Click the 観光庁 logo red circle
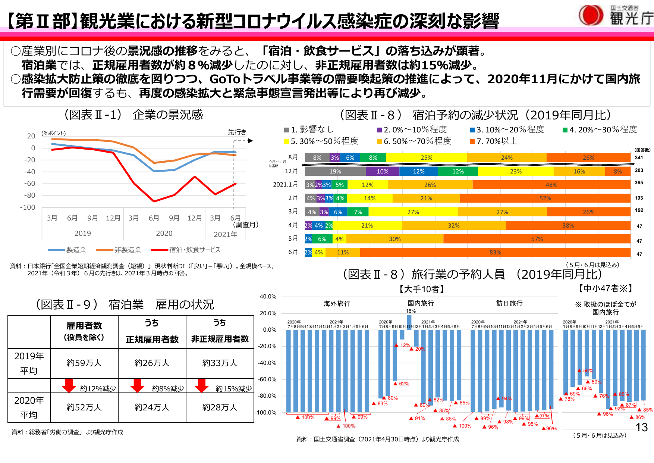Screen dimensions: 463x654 coord(591,15)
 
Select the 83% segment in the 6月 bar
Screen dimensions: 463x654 coord(495,253)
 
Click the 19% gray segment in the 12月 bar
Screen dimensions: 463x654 coord(335,171)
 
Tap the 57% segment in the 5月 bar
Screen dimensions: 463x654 coord(537,239)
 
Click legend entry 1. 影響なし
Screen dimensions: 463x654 coord(309,130)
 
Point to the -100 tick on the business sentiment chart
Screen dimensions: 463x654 coord(28,207)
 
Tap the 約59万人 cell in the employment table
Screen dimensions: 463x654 coord(84,363)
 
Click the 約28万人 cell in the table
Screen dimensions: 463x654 coord(220,407)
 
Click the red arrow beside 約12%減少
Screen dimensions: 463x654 coord(69,386)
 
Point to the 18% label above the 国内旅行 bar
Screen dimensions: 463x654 coord(411,311)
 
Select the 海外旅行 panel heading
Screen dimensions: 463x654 coord(337,304)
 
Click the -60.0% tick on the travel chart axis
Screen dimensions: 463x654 coord(267,379)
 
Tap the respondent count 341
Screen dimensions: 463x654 coord(639,158)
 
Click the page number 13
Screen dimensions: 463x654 coord(641,428)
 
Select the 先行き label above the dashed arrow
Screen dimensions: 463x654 coord(237,132)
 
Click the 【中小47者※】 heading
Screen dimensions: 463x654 coord(605,288)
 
